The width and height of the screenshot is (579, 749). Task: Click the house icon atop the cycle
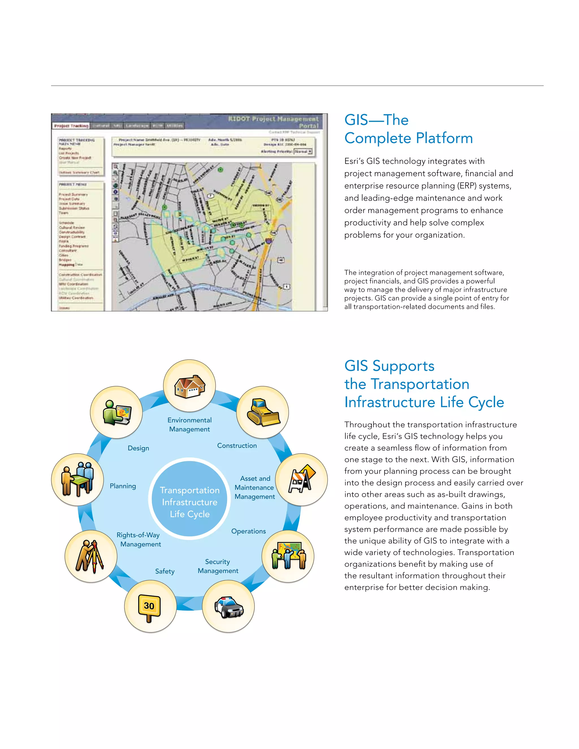tap(189, 386)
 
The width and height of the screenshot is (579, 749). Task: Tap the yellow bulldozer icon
tap(263, 412)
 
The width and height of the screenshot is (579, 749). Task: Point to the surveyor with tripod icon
tap(90, 556)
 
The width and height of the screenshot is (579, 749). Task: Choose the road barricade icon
tap(301, 479)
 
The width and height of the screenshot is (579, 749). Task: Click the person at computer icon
tap(117, 412)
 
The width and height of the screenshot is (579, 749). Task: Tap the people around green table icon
tap(77, 479)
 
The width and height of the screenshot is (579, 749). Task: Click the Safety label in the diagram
tap(165, 571)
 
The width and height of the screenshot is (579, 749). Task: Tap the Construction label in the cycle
tap(237, 445)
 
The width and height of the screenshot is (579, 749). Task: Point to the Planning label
tap(123, 486)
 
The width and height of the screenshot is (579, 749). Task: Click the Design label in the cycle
tap(138, 448)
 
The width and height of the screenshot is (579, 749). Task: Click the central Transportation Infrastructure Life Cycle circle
tap(190, 502)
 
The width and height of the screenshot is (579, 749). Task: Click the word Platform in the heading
tap(444, 138)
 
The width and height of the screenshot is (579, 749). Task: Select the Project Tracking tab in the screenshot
tap(71, 126)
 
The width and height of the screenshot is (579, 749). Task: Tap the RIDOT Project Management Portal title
tap(273, 122)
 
